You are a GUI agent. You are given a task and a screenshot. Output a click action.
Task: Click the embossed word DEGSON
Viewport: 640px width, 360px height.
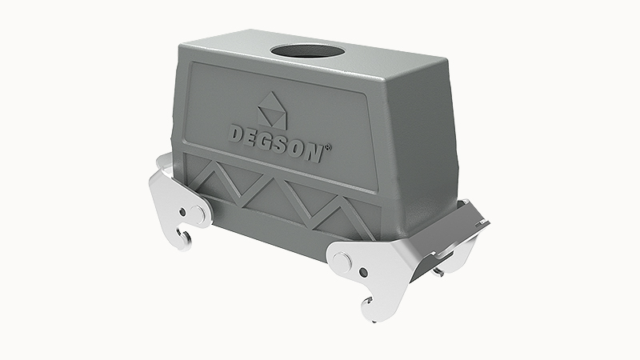click(275, 140)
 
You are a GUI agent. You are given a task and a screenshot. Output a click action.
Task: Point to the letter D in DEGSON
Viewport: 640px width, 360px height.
click(238, 132)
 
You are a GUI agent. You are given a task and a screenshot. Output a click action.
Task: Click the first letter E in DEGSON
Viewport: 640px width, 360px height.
click(253, 136)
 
